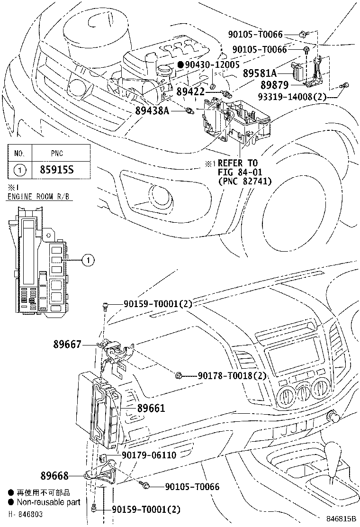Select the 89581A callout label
(260, 73)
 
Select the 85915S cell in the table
(60, 169)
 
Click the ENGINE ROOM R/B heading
(39, 196)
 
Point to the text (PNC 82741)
(244, 181)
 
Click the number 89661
(151, 408)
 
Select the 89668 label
(55, 475)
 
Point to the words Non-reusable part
(48, 502)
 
